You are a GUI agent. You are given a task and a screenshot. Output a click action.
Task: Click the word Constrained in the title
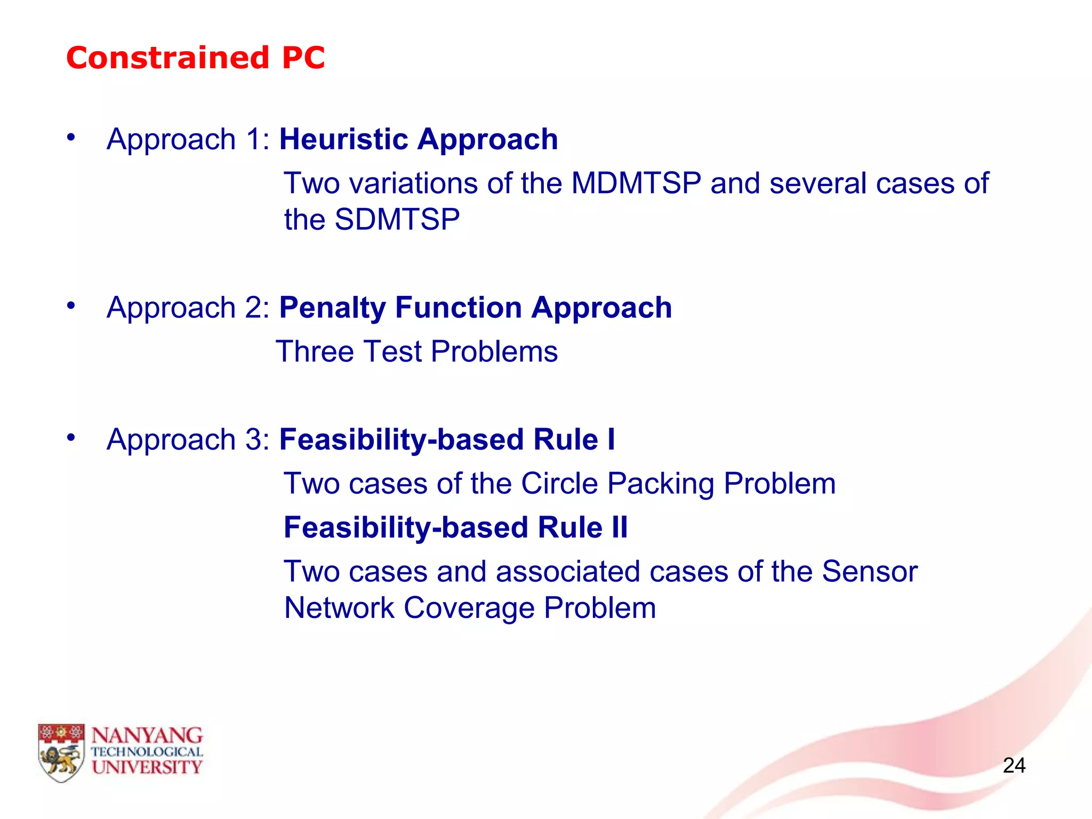pyautogui.click(x=167, y=58)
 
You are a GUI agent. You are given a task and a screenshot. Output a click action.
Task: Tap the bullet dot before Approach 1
pyautogui.click(x=71, y=138)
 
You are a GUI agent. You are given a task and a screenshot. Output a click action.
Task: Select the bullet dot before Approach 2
pyautogui.click(x=71, y=306)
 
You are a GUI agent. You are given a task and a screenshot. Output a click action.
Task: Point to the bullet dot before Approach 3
pyautogui.click(x=71, y=438)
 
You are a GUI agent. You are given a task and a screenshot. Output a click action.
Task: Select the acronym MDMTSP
pyautogui.click(x=636, y=183)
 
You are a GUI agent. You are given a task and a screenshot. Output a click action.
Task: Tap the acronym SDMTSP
pyautogui.click(x=397, y=220)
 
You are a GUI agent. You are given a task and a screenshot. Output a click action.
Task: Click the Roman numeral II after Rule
pyautogui.click(x=620, y=527)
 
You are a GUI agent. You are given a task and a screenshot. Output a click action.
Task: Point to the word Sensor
pyautogui.click(x=869, y=572)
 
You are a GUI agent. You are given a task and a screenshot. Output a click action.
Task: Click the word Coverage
pyautogui.click(x=469, y=608)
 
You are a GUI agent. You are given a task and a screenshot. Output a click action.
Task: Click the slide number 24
pyautogui.click(x=1014, y=766)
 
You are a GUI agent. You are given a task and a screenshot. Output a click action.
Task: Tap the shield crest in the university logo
pyautogui.click(x=61, y=752)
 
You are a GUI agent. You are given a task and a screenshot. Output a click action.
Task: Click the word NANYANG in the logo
pyautogui.click(x=147, y=736)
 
